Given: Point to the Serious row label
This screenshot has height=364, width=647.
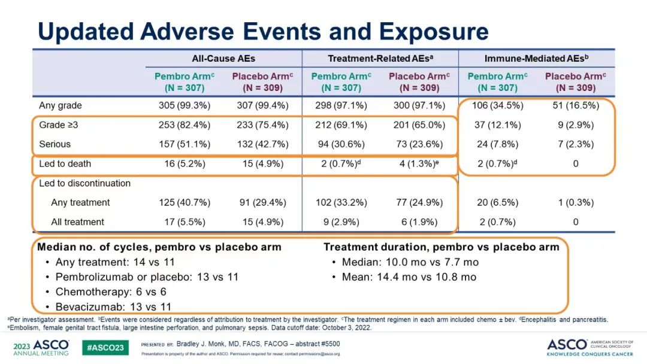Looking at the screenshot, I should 55,144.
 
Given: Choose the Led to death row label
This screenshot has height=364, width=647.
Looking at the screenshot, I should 65,164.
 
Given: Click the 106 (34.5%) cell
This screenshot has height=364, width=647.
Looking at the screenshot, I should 494,105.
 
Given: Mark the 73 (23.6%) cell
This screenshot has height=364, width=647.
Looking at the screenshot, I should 417,144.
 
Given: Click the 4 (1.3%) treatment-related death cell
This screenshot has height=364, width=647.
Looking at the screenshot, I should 415,164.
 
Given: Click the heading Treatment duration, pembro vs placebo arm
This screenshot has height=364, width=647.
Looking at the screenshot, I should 442,247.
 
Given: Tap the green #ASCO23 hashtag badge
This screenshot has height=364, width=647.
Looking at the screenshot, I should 105,347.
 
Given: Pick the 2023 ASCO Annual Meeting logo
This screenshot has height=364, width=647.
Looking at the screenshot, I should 41,347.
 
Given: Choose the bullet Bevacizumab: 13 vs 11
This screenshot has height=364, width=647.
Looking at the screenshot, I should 113,307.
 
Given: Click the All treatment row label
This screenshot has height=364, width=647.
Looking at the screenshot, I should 77,222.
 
